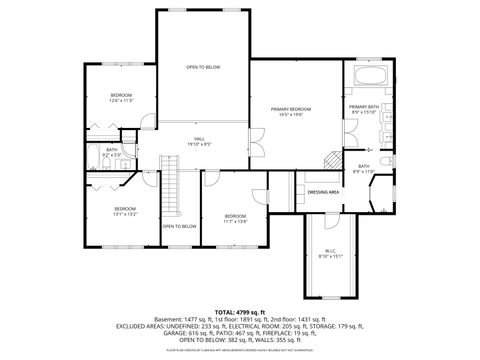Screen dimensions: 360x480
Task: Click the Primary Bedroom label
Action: (x=294, y=111)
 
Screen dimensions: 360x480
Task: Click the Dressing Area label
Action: (x=323, y=191)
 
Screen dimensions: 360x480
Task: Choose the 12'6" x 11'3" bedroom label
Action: (x=121, y=98)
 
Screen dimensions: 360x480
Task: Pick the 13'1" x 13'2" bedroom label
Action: (x=125, y=211)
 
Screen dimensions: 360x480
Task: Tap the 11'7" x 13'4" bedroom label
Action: (x=235, y=219)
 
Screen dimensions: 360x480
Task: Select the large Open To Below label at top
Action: (x=202, y=67)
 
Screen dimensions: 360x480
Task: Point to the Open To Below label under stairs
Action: (x=180, y=226)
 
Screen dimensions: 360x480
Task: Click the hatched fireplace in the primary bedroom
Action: (x=329, y=160)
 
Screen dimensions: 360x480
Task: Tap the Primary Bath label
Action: (x=362, y=109)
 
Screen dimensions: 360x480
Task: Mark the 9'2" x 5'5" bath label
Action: (x=112, y=152)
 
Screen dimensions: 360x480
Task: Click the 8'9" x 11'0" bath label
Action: (x=365, y=169)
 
